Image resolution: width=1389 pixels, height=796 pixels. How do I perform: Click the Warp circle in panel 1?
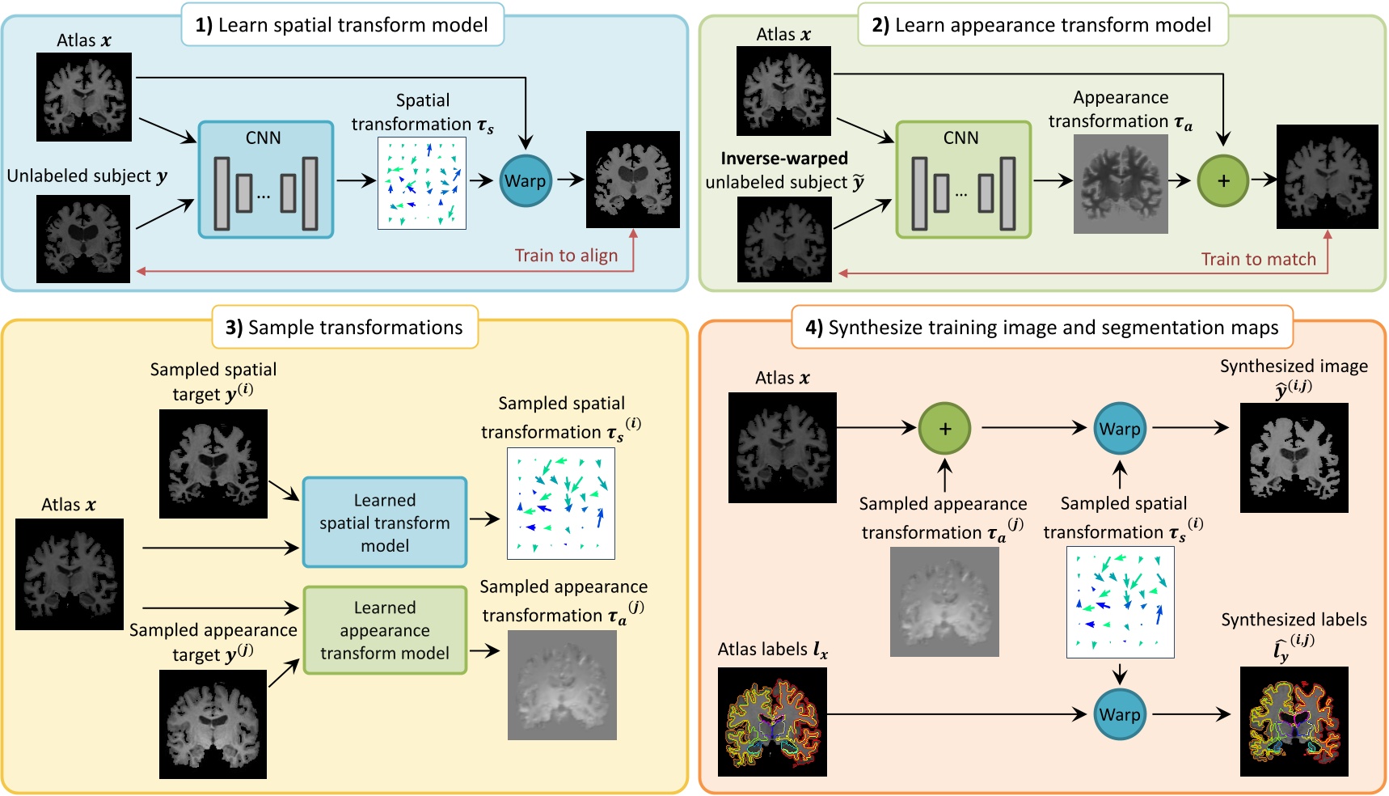(x=526, y=180)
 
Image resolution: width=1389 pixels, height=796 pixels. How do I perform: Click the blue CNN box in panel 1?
(x=266, y=180)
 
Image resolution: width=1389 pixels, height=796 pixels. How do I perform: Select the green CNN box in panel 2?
(x=963, y=180)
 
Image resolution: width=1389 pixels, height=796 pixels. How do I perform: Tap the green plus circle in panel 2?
(x=1222, y=180)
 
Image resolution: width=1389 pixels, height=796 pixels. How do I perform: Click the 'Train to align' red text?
(x=566, y=256)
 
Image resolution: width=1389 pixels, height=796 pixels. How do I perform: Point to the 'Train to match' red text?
(x=1258, y=259)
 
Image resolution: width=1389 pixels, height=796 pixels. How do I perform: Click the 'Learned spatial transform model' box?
(x=385, y=523)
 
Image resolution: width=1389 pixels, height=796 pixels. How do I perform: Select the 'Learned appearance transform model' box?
(x=385, y=630)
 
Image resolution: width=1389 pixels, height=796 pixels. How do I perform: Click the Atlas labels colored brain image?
(x=772, y=722)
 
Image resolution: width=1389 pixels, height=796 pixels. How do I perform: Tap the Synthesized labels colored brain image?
(x=1294, y=722)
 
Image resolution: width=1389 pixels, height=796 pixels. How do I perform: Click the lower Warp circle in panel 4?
(x=1120, y=714)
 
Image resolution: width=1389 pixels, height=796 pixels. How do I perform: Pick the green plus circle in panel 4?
(x=944, y=429)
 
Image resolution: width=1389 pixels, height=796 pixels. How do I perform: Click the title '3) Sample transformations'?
(x=344, y=328)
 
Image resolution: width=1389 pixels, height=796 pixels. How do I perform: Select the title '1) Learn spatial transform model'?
(x=342, y=25)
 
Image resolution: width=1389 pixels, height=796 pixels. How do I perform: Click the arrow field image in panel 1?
(x=422, y=184)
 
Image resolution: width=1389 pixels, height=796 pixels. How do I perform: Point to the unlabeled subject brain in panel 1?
(x=83, y=239)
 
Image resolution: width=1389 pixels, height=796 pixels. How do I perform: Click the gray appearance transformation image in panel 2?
(x=1121, y=184)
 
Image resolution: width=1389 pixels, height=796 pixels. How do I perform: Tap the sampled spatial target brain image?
(x=213, y=464)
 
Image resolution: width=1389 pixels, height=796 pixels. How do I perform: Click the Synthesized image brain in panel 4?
(x=1294, y=458)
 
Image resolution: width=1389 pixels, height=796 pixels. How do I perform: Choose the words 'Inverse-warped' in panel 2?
(x=784, y=159)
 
